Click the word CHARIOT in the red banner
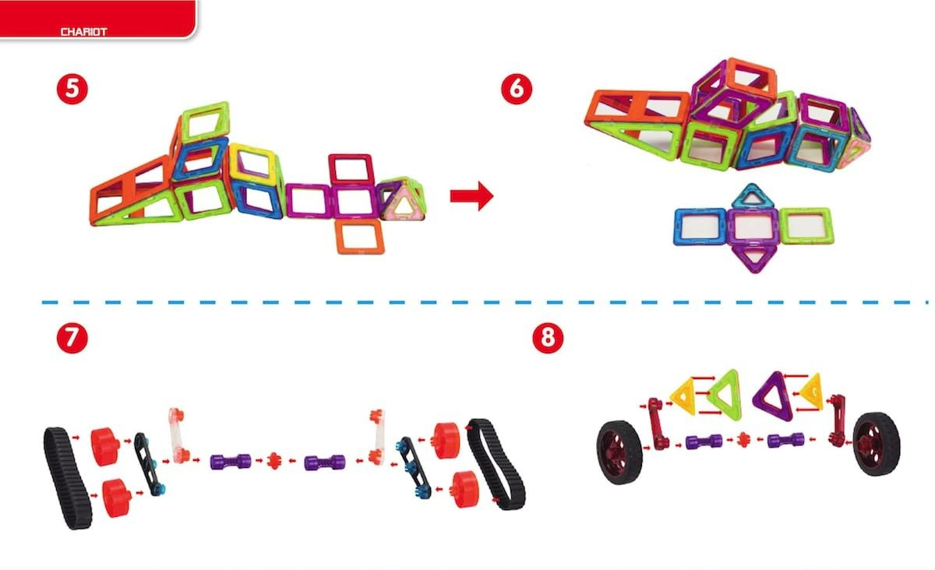click(x=83, y=32)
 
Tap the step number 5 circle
click(x=72, y=89)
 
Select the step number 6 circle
click(x=517, y=89)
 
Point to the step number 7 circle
click(x=72, y=338)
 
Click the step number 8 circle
click(x=548, y=338)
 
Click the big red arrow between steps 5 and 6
click(x=471, y=195)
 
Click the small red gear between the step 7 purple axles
click(x=274, y=461)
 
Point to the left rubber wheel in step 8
click(x=619, y=452)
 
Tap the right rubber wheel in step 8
click(x=877, y=444)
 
